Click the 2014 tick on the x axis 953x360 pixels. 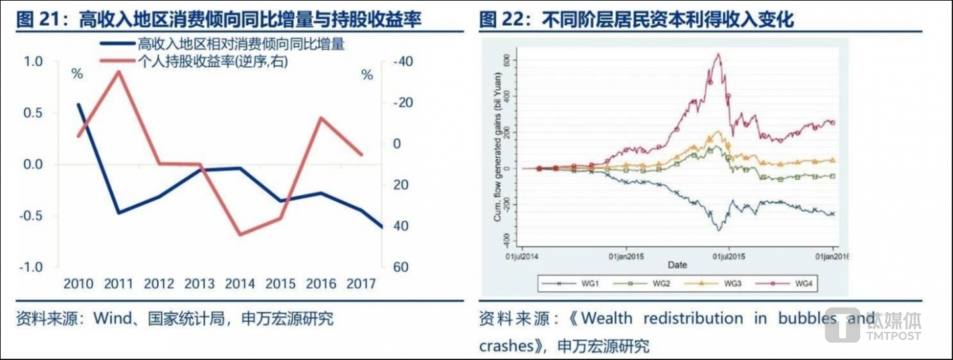[240, 283]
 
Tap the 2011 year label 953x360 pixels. [118, 283]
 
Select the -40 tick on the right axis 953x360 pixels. [401, 62]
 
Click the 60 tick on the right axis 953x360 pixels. [398, 267]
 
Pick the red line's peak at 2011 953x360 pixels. [119, 71]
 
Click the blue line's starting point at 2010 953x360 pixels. [79, 105]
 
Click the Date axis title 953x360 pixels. [676, 265]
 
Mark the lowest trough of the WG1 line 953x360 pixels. [718, 230]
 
